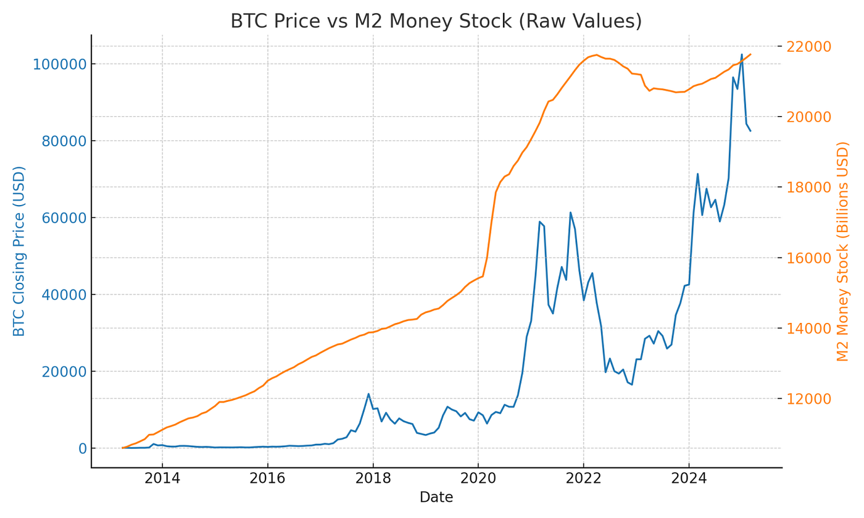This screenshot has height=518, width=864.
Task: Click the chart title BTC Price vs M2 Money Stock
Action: [436, 21]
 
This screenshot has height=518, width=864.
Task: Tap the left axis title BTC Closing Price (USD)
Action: [20, 251]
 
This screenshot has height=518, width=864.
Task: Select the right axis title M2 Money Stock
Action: [843, 251]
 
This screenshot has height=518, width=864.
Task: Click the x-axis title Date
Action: [436, 498]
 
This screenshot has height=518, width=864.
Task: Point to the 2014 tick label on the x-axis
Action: [162, 479]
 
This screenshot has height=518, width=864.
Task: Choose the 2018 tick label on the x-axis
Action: [373, 479]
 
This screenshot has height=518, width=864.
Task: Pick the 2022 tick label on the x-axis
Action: [583, 479]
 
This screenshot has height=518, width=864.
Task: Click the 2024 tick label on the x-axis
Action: [689, 479]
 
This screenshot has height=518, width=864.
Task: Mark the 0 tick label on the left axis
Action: [80, 448]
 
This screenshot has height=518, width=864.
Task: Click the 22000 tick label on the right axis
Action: [808, 46]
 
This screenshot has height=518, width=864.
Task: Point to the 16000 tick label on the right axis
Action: [808, 257]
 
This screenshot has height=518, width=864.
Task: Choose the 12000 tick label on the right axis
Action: [808, 399]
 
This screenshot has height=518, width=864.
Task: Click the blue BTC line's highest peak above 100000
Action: [742, 54]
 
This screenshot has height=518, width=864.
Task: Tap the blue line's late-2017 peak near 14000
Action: [368, 394]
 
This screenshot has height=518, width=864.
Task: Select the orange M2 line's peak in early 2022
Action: [596, 54]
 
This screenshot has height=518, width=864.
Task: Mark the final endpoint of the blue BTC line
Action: [750, 131]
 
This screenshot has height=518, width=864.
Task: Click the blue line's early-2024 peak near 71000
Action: [698, 173]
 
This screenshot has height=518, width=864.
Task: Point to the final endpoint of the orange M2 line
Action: [750, 54]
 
